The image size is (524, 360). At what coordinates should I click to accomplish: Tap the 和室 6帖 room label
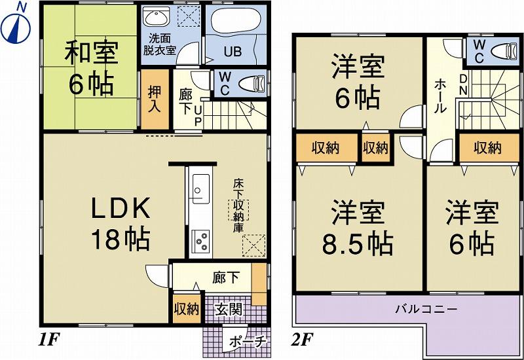(91, 69)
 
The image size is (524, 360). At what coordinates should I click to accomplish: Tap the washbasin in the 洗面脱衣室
(157, 18)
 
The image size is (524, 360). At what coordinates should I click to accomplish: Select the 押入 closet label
(155, 99)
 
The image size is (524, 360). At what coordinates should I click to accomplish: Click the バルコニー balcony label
(426, 308)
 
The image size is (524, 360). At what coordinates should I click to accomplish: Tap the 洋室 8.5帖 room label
(356, 229)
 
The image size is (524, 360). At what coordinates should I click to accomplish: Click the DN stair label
(462, 84)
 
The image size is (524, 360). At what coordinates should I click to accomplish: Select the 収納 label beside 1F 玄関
(186, 309)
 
